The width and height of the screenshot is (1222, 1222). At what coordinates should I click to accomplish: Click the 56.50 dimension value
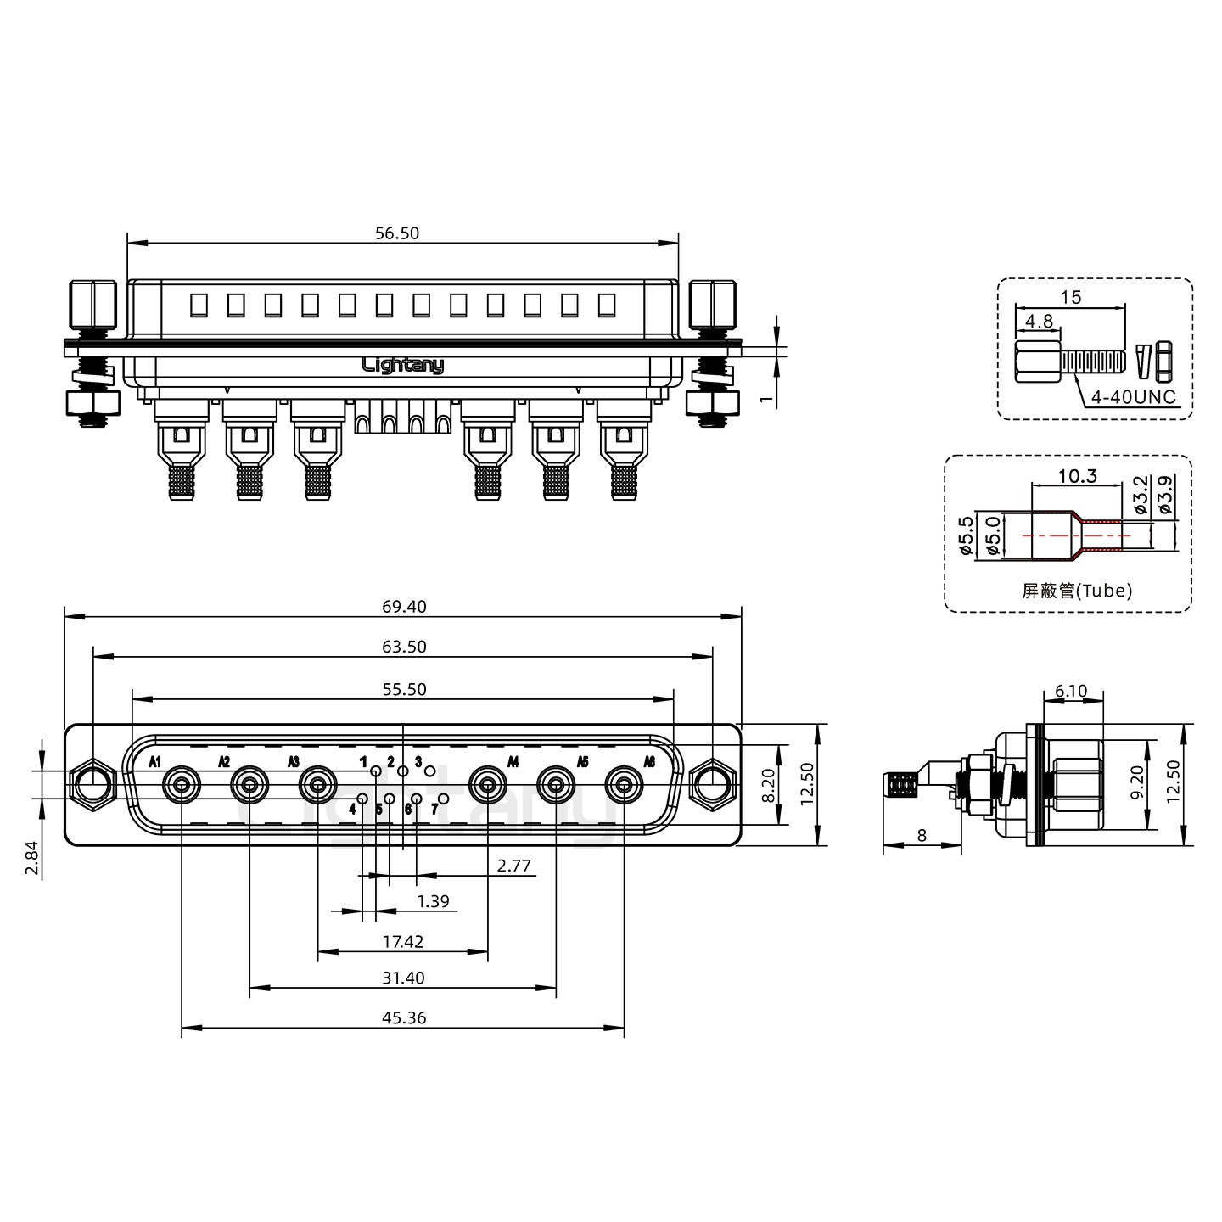397,233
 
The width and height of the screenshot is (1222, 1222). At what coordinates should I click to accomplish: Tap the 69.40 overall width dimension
404,606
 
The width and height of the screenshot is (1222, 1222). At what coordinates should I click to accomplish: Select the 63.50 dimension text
404,647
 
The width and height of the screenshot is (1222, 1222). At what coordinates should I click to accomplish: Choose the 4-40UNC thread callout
1133,397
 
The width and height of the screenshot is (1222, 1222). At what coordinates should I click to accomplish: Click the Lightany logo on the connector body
403,365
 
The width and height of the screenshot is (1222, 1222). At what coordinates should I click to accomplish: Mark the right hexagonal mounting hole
712,785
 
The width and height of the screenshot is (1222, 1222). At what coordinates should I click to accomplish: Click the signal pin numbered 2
403,771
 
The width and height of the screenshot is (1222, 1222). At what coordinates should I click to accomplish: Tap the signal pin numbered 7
444,799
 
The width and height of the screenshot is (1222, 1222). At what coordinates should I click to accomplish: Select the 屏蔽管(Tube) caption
1077,591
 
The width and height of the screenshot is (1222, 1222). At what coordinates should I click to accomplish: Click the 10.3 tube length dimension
1078,475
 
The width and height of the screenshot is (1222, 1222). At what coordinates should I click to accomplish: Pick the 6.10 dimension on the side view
1071,690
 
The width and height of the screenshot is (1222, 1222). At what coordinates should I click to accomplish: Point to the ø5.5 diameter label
966,535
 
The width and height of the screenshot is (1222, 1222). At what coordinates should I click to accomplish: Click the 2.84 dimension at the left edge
32,857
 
